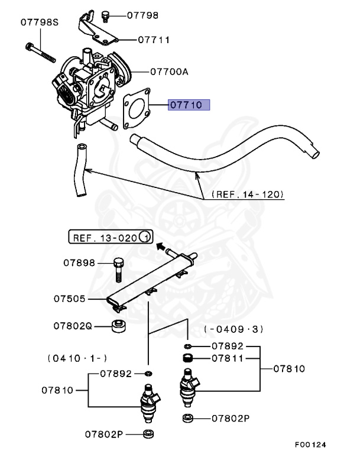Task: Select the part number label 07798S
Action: (40, 22)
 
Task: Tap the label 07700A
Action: (168, 72)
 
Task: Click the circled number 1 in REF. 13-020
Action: (145, 238)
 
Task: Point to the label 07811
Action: (226, 358)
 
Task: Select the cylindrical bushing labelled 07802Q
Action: (119, 326)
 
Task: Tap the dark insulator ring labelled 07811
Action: (187, 358)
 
